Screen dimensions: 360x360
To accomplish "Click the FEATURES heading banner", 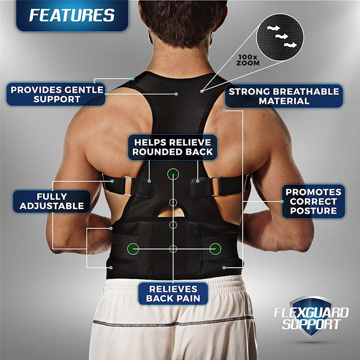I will click(x=72, y=15).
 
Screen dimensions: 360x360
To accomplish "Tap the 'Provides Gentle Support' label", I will click(x=57, y=94).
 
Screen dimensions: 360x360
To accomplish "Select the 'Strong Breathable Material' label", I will click(x=284, y=96).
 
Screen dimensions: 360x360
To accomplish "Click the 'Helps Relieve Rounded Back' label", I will click(x=173, y=147).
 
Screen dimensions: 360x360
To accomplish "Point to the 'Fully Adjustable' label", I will click(x=52, y=201).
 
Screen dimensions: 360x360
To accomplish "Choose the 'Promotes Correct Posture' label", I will click(x=313, y=201).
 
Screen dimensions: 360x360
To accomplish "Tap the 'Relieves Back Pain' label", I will click(x=173, y=294).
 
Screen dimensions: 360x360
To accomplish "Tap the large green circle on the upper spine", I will click(x=173, y=174).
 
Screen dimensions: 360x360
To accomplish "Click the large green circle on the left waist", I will click(x=133, y=248).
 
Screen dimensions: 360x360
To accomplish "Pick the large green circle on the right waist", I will click(x=215, y=248).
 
